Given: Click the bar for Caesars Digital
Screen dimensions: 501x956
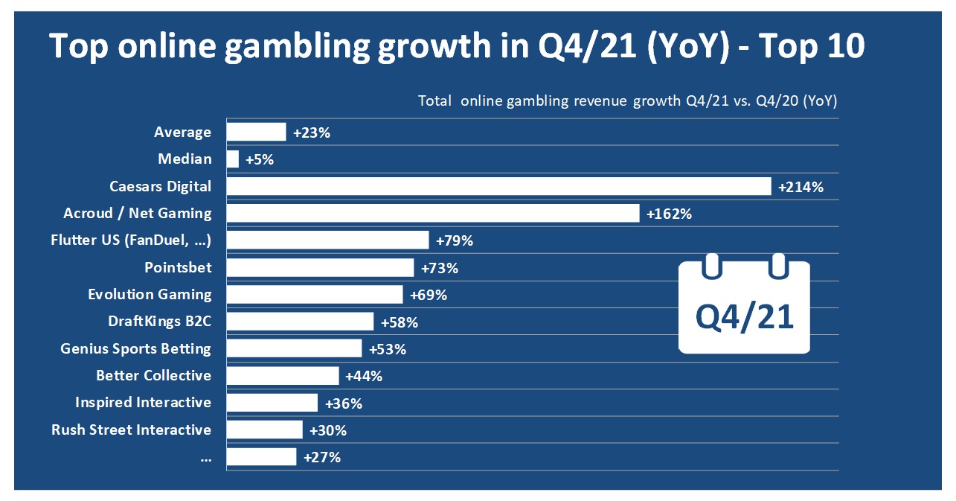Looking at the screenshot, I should pyautogui.click(x=498, y=186).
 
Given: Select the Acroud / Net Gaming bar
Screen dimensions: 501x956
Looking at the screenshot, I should pyautogui.click(x=432, y=213).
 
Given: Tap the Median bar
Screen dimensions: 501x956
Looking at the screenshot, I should pyautogui.click(x=233, y=159).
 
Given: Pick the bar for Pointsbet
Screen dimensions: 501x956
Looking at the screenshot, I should pyautogui.click(x=320, y=267).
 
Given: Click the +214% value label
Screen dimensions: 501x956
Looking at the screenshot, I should pyautogui.click(x=801, y=187).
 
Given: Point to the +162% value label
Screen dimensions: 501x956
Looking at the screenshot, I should pyautogui.click(x=670, y=214).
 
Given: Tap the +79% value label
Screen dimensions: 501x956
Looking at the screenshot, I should pyautogui.click(x=455, y=240).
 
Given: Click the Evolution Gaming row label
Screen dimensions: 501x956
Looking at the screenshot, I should pyautogui.click(x=150, y=294).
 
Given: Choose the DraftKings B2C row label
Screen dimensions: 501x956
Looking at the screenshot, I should pyautogui.click(x=160, y=322).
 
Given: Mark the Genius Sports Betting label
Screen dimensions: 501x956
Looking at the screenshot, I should pyautogui.click(x=135, y=348).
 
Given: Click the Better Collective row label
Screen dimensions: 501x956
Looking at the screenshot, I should pyautogui.click(x=153, y=375).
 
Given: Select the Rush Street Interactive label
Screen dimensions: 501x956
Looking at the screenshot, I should pyautogui.click(x=131, y=430).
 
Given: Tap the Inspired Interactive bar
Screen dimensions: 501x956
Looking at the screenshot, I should pyautogui.click(x=272, y=403).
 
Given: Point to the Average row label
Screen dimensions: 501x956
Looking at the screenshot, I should pyautogui.click(x=182, y=133).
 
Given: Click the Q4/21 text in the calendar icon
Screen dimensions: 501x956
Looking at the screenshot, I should pyautogui.click(x=744, y=317).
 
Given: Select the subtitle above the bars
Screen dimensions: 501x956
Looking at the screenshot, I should pyautogui.click(x=627, y=100).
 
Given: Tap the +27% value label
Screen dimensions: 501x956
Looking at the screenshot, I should pyautogui.click(x=322, y=457).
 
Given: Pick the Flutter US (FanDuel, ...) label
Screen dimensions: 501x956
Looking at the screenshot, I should pyautogui.click(x=131, y=240).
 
